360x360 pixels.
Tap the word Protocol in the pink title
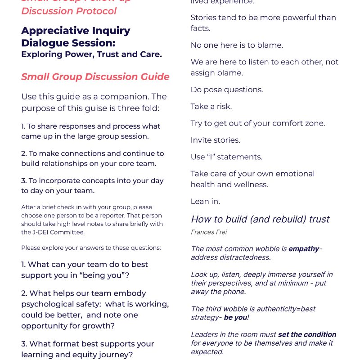94,11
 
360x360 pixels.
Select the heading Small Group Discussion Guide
95,76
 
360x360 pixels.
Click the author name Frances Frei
208,232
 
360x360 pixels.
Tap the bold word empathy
303,249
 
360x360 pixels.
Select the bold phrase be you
235,317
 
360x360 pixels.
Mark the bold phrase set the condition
307,334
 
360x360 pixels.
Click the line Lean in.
205,201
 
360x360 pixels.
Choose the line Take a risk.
211,106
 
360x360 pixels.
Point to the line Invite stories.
215,140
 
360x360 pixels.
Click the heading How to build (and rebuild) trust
260,219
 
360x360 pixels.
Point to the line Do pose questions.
227,90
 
